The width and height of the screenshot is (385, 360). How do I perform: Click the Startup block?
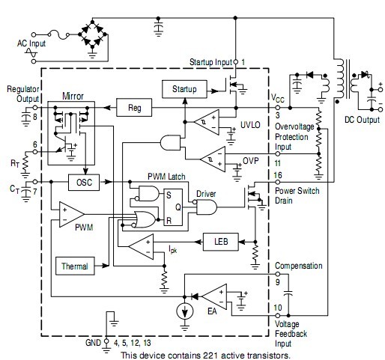184,89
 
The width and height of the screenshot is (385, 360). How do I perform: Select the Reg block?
134,108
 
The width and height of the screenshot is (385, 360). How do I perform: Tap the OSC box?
84,183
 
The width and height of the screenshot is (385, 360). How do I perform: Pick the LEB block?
221,242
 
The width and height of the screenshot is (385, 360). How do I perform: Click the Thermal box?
75,266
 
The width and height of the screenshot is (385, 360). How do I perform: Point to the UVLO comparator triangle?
207,122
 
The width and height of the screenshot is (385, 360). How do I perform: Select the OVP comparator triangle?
213,159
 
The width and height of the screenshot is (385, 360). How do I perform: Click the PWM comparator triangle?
72,214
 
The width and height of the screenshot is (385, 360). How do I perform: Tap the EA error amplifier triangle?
214,296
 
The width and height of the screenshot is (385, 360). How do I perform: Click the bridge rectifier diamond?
92,34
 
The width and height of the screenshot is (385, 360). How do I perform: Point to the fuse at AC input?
59,34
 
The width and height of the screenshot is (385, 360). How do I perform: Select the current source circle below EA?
184,311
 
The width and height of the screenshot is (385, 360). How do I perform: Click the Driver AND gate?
206,207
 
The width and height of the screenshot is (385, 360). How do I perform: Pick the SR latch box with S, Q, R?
173,207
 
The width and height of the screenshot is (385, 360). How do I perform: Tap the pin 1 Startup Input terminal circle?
235,62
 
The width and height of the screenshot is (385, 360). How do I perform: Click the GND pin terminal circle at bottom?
106,341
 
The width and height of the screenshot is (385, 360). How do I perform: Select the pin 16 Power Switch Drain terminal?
277,182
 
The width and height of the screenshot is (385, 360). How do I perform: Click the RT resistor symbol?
25,163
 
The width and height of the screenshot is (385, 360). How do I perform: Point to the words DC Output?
362,120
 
